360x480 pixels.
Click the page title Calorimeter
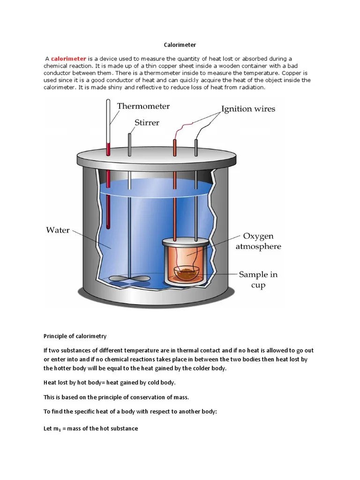click(x=180, y=45)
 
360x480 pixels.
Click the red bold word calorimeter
click(x=68, y=59)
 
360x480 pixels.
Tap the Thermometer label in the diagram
click(x=143, y=106)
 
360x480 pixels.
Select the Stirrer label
click(x=147, y=123)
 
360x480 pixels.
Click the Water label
click(x=58, y=230)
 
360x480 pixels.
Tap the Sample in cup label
click(x=258, y=279)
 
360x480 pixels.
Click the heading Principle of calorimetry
click(x=75, y=336)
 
